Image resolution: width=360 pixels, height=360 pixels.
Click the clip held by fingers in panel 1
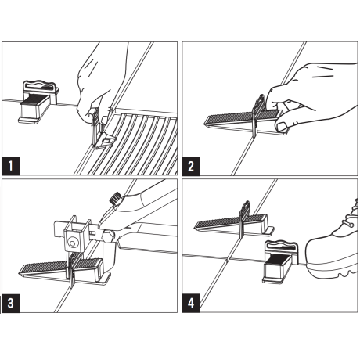[x=97, y=124]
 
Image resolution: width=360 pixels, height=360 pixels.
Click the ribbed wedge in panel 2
[x=227, y=119]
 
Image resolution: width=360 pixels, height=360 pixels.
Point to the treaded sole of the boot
[x=337, y=272]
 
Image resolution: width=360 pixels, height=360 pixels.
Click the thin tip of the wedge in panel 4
[x=197, y=229]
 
